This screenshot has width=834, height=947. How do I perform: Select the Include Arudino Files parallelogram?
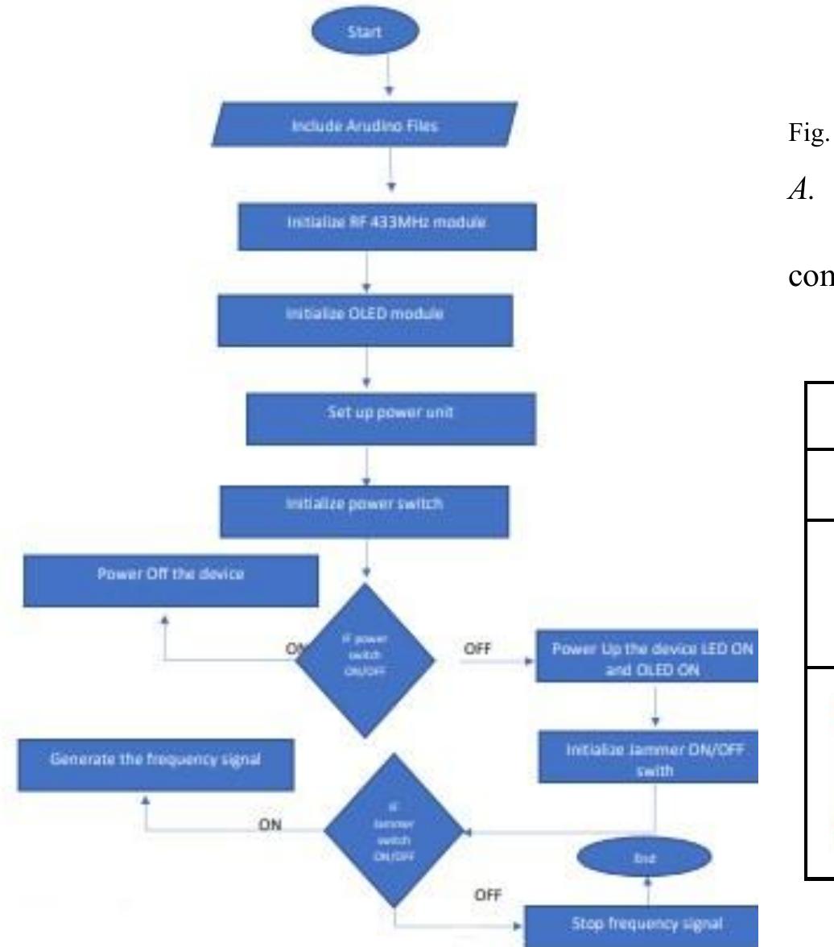pos(365,124)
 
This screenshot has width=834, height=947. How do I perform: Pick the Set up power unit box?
pos(390,418)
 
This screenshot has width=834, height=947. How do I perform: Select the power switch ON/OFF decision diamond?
pos(365,660)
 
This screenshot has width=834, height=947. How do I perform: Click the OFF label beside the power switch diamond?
pos(477,647)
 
